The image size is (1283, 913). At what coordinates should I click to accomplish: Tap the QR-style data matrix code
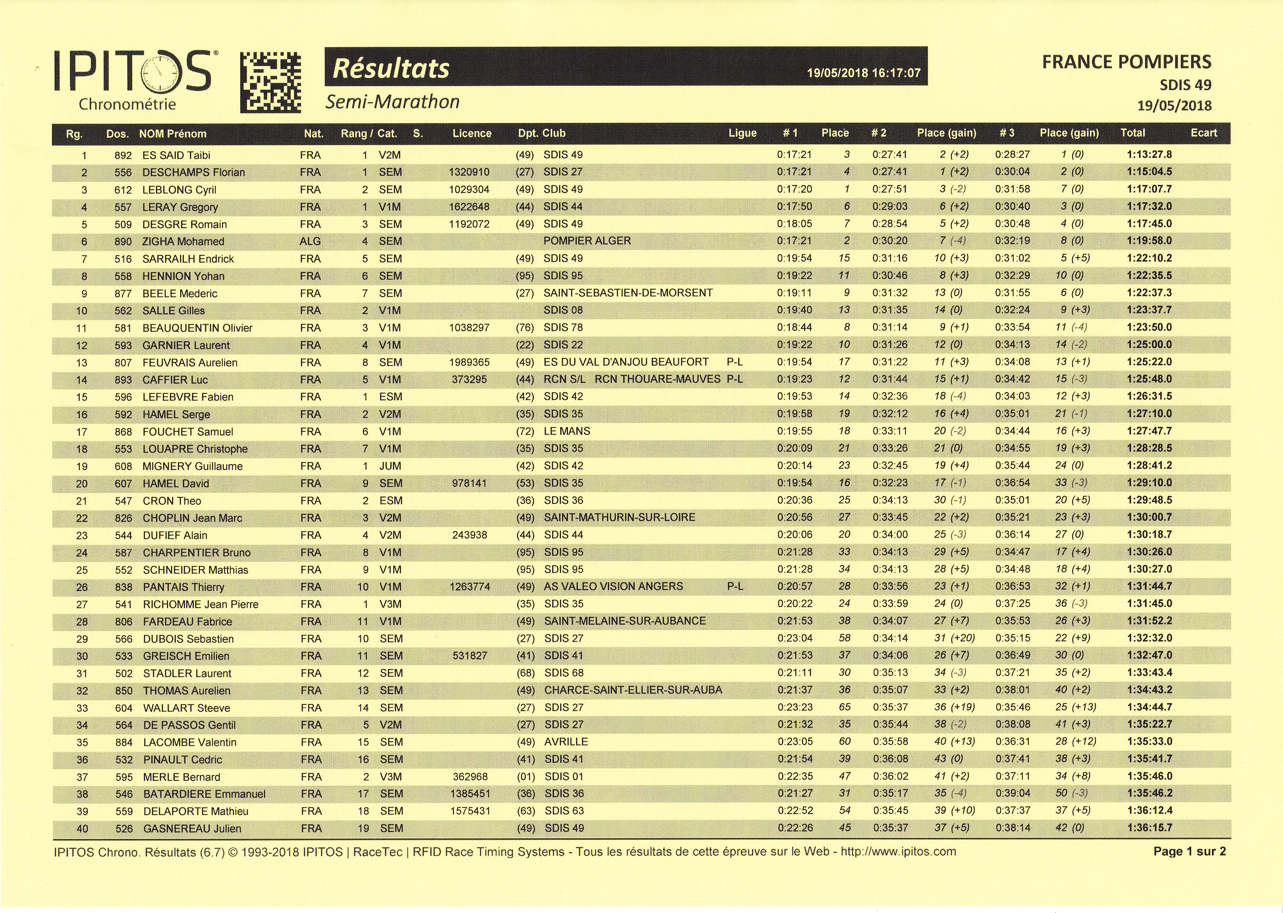point(271,83)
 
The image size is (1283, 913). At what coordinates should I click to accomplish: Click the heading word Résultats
point(391,69)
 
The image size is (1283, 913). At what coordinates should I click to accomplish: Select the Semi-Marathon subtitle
point(392,102)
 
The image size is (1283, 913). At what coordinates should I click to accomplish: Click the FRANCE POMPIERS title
point(1126,62)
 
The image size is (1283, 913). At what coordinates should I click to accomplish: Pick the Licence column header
point(472,134)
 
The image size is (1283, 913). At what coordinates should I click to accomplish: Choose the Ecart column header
point(1203,133)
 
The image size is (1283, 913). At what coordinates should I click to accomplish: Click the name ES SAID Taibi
point(176,155)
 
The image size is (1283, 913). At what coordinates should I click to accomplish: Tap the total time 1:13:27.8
point(1149,155)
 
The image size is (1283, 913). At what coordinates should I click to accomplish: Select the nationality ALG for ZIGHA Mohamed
point(310,241)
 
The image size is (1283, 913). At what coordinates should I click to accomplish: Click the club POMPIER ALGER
point(587,241)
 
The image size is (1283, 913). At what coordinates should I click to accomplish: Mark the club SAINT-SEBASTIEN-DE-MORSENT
point(628,293)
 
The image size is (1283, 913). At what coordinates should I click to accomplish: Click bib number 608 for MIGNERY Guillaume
point(123,466)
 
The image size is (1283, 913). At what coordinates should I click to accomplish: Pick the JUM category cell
point(390,466)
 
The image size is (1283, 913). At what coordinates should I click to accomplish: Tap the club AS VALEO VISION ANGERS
point(613,586)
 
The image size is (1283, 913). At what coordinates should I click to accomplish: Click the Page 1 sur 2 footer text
point(1189,852)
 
